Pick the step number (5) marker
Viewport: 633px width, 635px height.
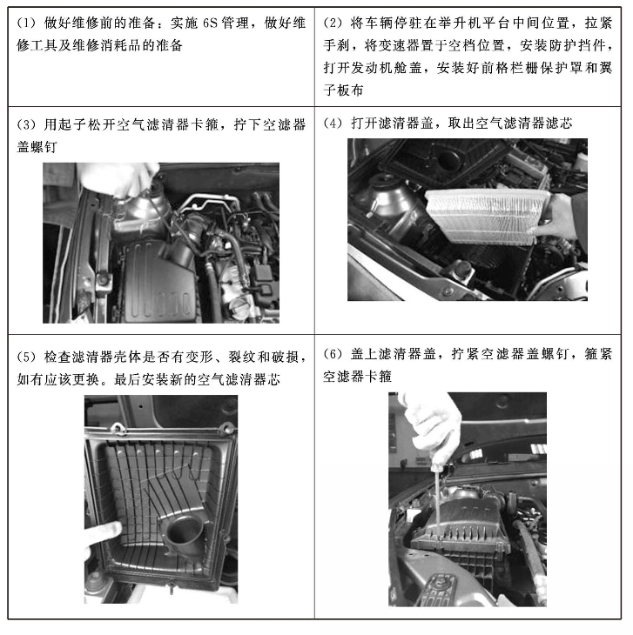coord(26,358)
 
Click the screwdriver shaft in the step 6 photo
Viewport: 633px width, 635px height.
coord(438,496)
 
